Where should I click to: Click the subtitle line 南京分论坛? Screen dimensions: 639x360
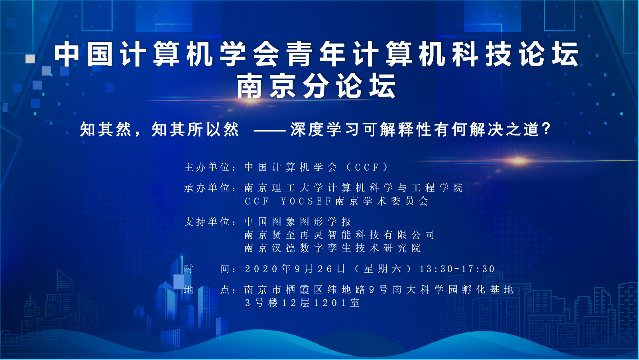(x=317, y=86)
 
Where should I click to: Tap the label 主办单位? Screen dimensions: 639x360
(x=207, y=167)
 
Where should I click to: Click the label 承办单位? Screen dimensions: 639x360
(x=207, y=188)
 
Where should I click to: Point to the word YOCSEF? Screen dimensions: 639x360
(x=306, y=201)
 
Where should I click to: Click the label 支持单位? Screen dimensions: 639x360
(x=207, y=222)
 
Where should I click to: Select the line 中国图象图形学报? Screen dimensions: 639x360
(x=298, y=222)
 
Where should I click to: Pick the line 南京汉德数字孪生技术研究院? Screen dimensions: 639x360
(x=332, y=248)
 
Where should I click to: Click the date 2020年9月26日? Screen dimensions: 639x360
(x=295, y=269)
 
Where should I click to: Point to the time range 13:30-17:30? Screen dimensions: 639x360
(x=457, y=269)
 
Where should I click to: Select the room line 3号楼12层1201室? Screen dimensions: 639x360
(x=302, y=303)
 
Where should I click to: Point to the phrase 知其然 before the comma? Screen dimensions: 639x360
(x=105, y=129)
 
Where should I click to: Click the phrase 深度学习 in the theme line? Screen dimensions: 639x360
(x=325, y=129)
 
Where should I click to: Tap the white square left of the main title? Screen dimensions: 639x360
(x=30, y=59)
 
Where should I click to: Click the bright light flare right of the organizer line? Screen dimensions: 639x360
(x=518, y=161)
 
